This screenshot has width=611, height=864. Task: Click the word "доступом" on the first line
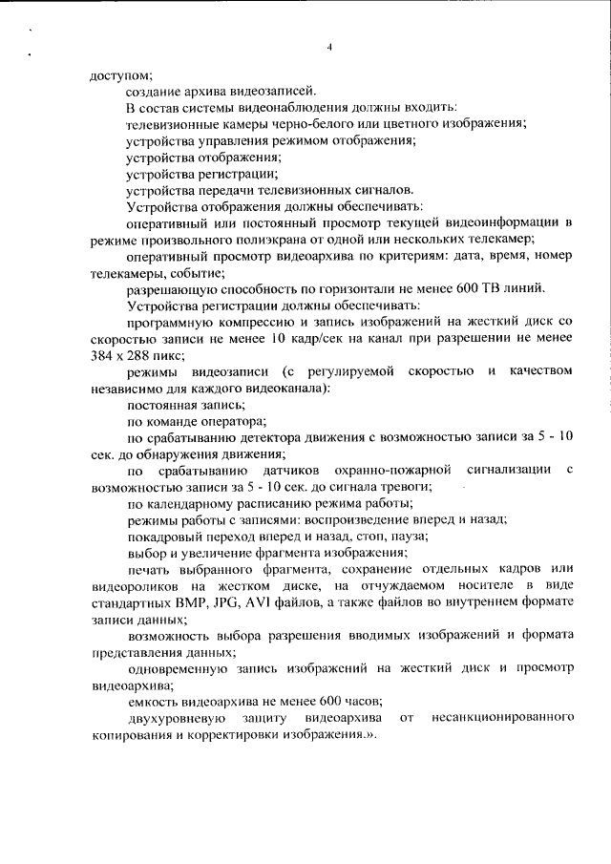point(120,74)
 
